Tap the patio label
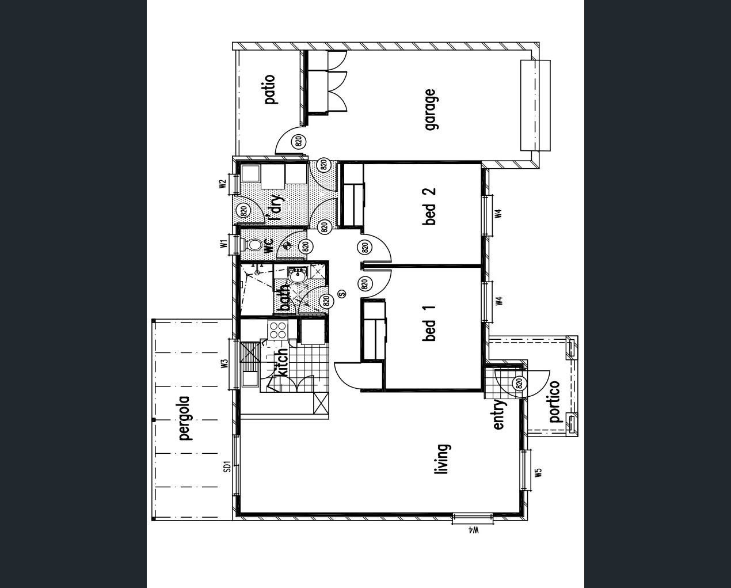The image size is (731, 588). (270, 89)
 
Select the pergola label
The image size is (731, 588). (186, 419)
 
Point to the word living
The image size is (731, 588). (443, 459)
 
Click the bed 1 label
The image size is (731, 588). (429, 323)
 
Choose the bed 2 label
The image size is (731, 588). (429, 206)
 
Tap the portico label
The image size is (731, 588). (554, 401)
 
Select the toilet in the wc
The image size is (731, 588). (252, 244)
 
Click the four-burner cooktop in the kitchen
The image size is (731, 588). (277, 330)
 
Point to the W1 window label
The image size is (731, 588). (223, 244)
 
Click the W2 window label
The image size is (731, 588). (223, 184)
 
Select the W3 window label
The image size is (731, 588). (224, 364)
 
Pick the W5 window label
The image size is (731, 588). (538, 473)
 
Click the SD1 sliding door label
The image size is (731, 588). (227, 466)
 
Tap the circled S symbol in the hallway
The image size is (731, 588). (342, 293)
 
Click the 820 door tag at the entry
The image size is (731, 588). (519, 384)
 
